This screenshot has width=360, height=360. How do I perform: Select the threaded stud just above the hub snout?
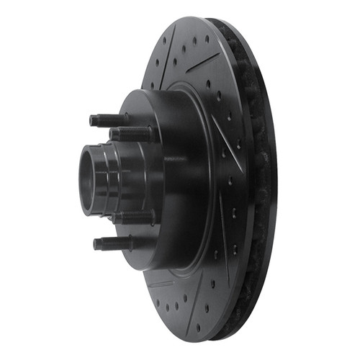[x=133, y=134]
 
